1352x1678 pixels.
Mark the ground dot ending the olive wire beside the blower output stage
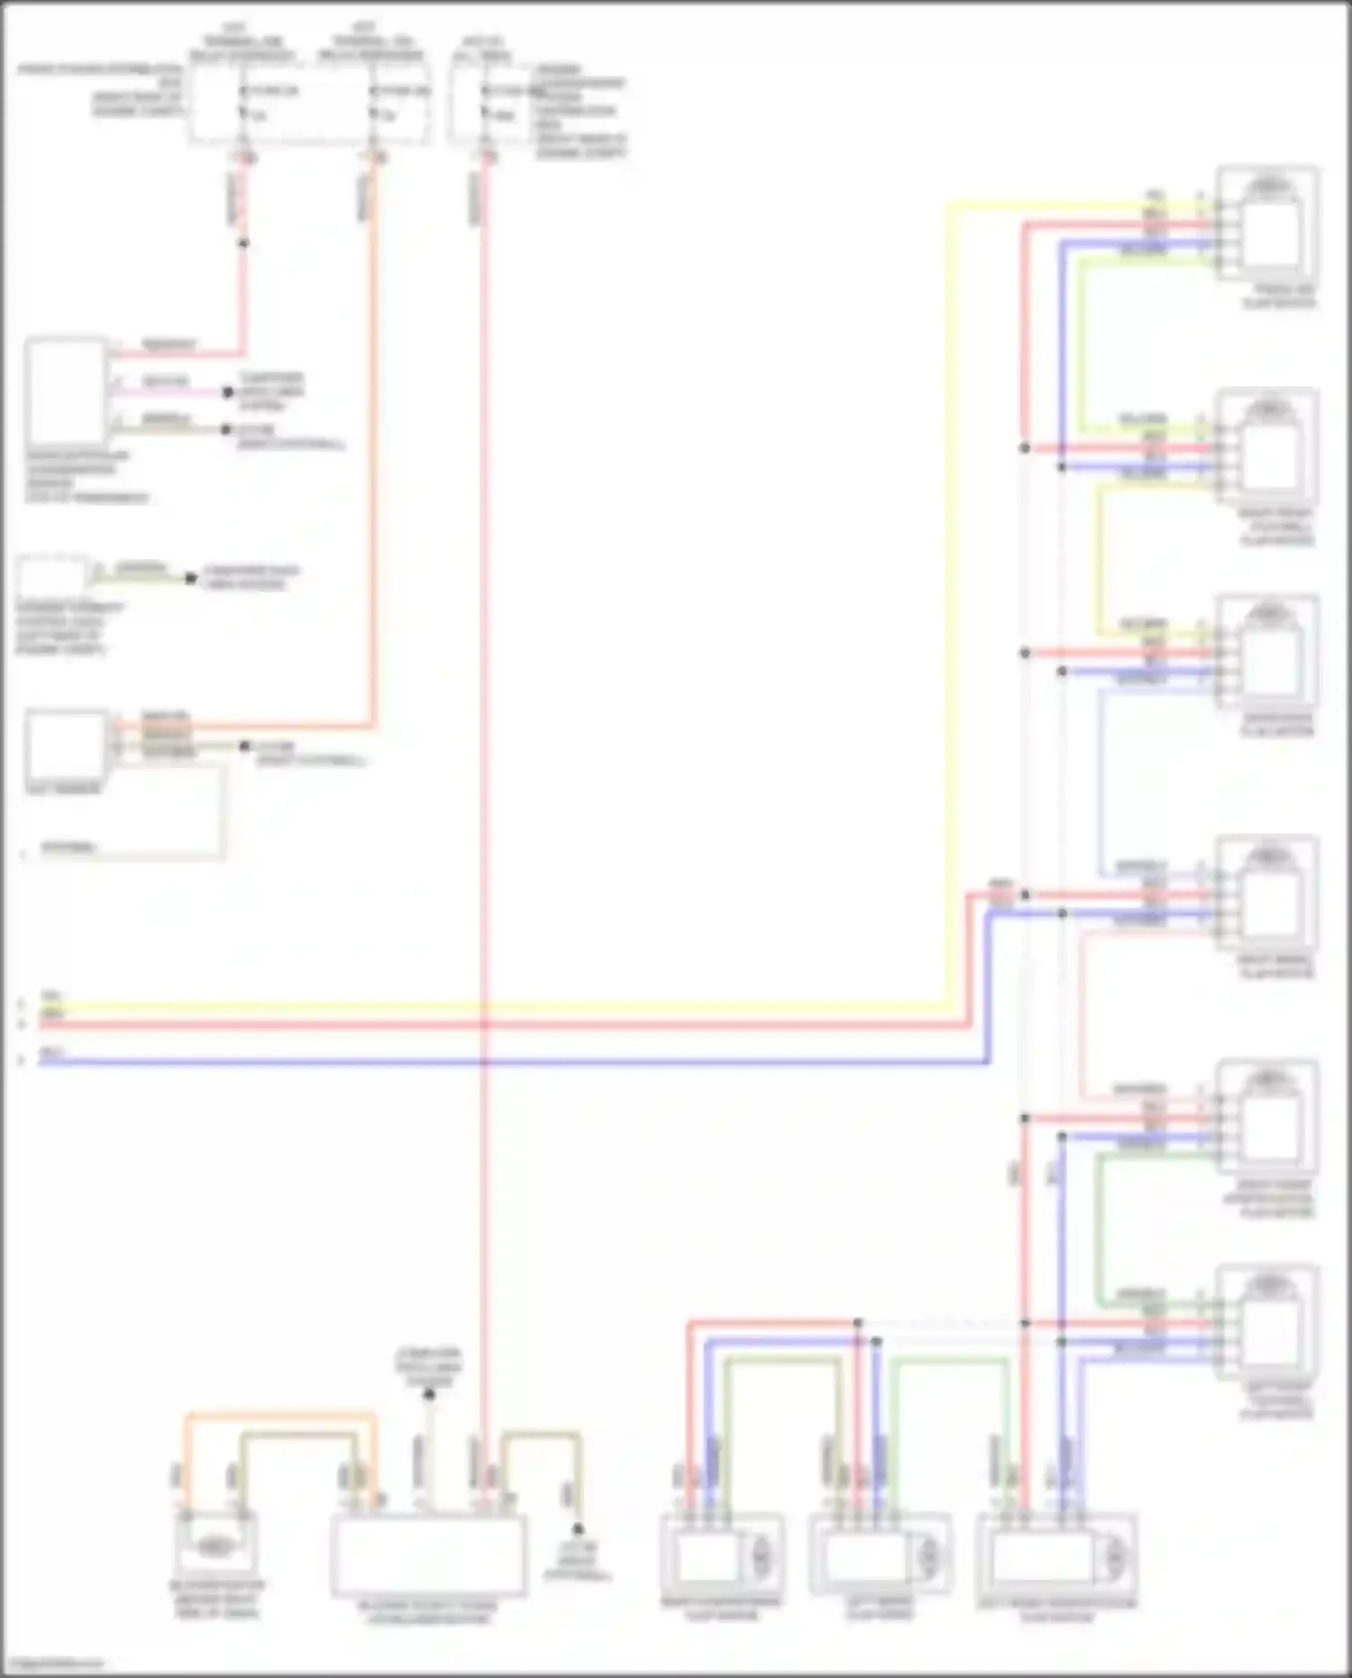pyautogui.click(x=578, y=1529)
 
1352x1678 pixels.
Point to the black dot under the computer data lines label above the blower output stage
pyautogui.click(x=429, y=1395)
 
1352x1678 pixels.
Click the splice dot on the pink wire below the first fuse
pyautogui.click(x=242, y=243)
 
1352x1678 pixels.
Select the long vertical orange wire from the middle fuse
pyautogui.click(x=372, y=451)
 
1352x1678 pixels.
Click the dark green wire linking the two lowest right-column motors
pyautogui.click(x=1099, y=1226)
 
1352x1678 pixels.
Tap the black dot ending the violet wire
pyautogui.click(x=228, y=392)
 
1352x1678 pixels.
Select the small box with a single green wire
pyautogui.click(x=52, y=574)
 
